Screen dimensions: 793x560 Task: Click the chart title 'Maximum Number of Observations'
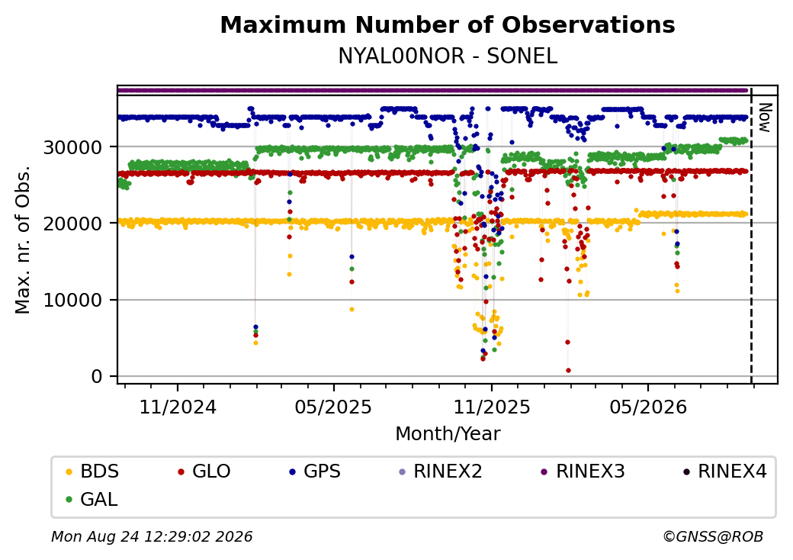(448, 24)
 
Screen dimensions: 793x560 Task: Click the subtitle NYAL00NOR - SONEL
(448, 56)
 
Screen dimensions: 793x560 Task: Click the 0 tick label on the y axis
(97, 377)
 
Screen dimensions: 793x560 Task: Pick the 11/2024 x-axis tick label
(178, 407)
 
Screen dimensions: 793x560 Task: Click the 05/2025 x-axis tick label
(333, 407)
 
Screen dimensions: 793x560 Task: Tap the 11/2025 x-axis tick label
(491, 407)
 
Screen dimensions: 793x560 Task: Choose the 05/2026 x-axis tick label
(648, 407)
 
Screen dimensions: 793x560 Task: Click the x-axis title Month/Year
(448, 434)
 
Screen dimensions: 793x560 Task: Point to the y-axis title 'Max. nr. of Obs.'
(23, 240)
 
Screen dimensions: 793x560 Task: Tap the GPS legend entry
(315, 471)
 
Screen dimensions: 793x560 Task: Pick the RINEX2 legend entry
(441, 471)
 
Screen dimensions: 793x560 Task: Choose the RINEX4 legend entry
(724, 471)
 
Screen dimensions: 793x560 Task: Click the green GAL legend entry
(92, 499)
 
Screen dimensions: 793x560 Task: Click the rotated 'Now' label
(766, 117)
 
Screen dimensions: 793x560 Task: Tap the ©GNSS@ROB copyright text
(713, 536)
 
